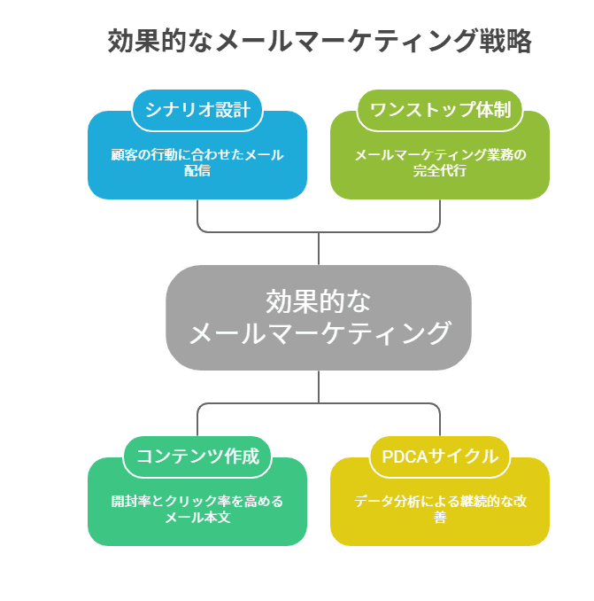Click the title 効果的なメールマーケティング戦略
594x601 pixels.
(319, 42)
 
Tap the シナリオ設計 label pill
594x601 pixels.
(197, 111)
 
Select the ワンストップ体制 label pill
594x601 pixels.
(439, 111)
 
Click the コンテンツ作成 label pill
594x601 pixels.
(197, 457)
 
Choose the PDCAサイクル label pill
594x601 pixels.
(439, 457)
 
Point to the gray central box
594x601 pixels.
(319, 317)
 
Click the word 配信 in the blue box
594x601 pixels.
(197, 171)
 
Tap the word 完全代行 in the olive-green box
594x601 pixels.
(439, 171)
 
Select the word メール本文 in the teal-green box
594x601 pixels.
(197, 517)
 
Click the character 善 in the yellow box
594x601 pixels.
(439, 517)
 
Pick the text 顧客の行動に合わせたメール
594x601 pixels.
(197, 154)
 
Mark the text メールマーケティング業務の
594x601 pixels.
(439, 154)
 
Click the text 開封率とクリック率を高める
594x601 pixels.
(197, 501)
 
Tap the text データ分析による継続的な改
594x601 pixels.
(439, 501)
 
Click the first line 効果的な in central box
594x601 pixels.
(319, 300)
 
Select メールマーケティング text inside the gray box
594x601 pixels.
(319, 333)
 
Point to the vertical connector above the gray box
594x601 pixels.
(319, 248)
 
